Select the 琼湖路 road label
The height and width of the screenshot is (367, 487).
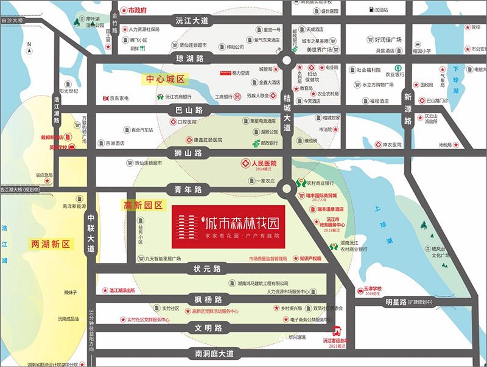(189, 58)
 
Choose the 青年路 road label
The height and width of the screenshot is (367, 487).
(189, 189)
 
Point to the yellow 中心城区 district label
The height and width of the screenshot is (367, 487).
(166, 79)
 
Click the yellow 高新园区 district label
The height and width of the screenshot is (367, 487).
(144, 206)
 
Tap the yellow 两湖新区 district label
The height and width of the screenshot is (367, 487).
(51, 244)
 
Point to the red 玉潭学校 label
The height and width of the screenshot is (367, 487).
(385, 288)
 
